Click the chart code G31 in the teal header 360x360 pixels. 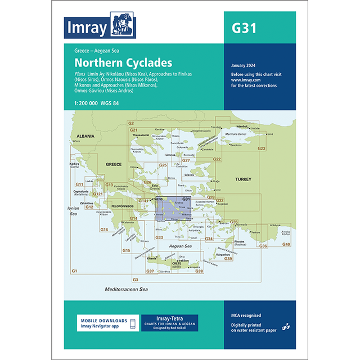243,28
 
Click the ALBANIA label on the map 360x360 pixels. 81,136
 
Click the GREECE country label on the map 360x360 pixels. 114,164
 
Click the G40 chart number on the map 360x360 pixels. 286,244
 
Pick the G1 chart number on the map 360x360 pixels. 74,272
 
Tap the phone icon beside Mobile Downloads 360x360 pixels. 132,325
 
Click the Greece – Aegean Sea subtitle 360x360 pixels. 92,51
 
